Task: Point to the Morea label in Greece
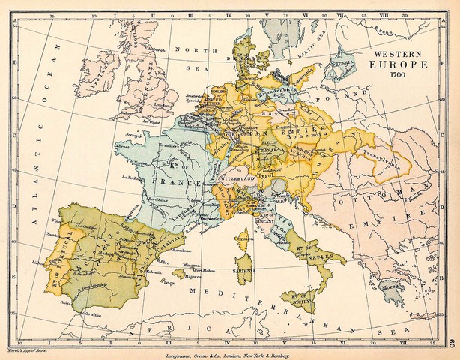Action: click(390, 285)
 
